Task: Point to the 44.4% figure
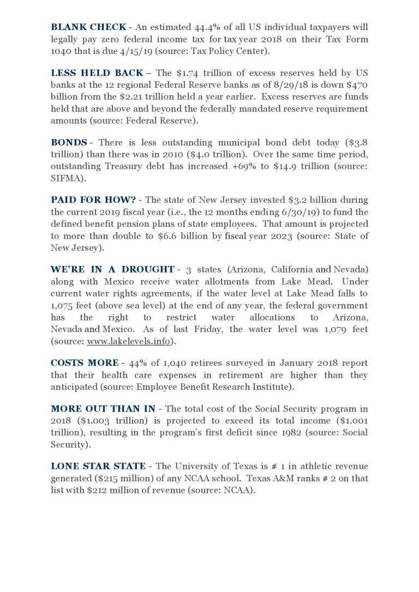tap(207, 27)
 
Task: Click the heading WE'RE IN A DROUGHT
tap(112, 269)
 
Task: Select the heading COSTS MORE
tap(85, 363)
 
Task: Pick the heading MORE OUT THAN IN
tap(101, 409)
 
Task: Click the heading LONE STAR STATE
tap(98, 466)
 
